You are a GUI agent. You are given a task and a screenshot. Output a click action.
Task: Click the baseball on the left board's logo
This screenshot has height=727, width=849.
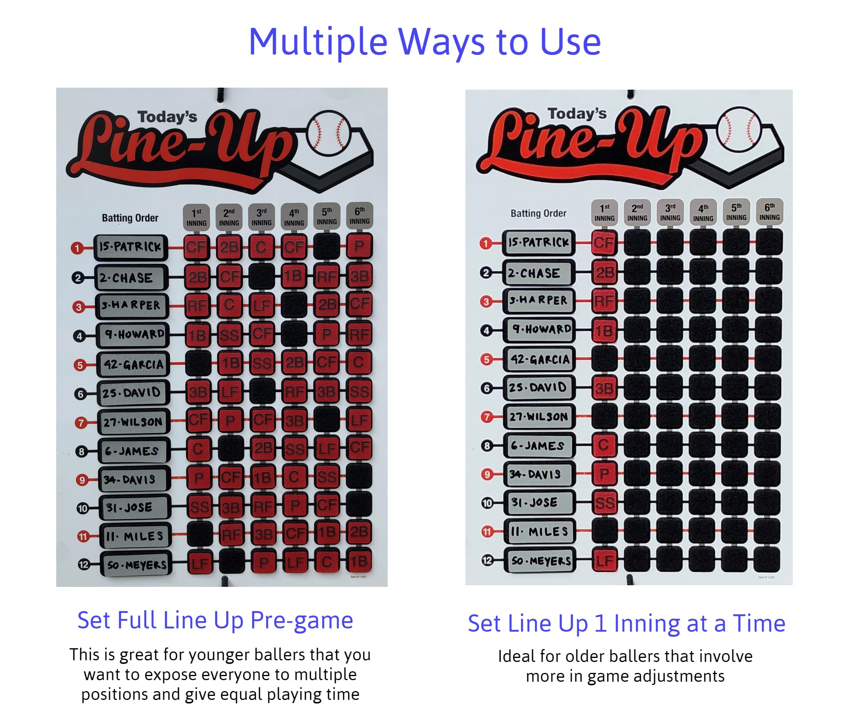[x=329, y=132]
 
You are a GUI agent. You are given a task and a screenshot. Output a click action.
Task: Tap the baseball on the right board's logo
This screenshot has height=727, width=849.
[x=739, y=129]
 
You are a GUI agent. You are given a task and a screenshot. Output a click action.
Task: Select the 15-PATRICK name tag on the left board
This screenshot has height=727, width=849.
[x=131, y=247]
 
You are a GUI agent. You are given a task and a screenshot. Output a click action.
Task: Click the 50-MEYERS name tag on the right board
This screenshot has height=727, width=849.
[x=540, y=561]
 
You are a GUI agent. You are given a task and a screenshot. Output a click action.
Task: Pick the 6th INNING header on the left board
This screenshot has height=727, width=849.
[x=359, y=216]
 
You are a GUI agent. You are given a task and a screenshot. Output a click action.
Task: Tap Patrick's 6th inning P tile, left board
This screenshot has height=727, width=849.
[x=359, y=246]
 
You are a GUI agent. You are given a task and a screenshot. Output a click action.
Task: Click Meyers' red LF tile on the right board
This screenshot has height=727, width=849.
[x=605, y=561]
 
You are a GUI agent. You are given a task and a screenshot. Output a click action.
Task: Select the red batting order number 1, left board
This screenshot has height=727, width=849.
[x=77, y=248]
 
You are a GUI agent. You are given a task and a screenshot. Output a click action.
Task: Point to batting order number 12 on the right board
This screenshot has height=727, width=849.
[x=487, y=561]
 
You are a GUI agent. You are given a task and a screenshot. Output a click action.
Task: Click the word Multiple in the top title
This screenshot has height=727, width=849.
[x=318, y=42]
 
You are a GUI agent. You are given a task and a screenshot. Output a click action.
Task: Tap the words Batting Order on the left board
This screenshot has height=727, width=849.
[x=130, y=218]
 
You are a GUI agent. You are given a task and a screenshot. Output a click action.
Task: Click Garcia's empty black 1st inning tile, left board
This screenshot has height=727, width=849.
[x=199, y=363]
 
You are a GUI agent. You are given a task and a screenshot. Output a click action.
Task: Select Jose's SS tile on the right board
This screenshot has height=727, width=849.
[x=605, y=503]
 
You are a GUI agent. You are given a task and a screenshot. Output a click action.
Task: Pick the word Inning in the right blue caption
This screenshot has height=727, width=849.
[x=647, y=624]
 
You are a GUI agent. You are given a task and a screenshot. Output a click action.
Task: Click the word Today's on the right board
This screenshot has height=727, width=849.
[x=577, y=113]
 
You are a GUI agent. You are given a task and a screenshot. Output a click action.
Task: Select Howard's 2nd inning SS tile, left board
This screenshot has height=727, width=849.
[x=229, y=334]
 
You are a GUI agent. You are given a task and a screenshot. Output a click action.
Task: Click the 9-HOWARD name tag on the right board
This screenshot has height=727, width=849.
[x=540, y=330]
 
